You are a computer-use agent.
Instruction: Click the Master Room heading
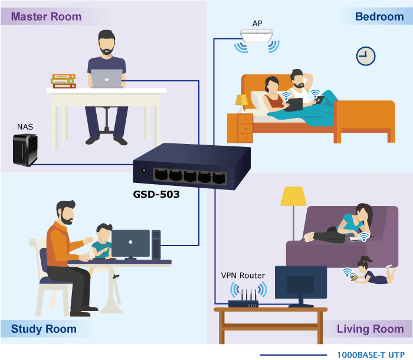pyautogui.click(x=47, y=17)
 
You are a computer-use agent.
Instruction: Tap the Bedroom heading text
pyautogui.click(x=379, y=17)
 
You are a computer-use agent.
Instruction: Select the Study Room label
pyautogui.click(x=44, y=329)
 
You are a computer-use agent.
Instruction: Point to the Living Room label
pyautogui.click(x=370, y=329)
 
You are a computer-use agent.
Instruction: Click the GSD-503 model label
pyautogui.click(x=156, y=194)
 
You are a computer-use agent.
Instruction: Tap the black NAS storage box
pyautogui.click(x=25, y=150)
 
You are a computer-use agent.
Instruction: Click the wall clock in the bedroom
pyautogui.click(x=366, y=56)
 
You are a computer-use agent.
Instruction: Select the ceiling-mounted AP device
pyautogui.click(x=257, y=36)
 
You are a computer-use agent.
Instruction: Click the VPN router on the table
pyautogui.click(x=243, y=299)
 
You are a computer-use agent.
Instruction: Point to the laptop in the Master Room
pyautogui.click(x=106, y=78)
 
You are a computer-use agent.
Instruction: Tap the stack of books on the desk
pyautogui.click(x=64, y=81)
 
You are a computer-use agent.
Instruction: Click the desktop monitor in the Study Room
pyautogui.click(x=130, y=244)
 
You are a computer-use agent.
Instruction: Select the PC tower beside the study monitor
pyautogui.click(x=156, y=244)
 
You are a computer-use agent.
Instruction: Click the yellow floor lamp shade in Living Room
pyautogui.click(x=293, y=196)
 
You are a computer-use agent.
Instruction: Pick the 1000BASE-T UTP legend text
pyautogui.click(x=371, y=355)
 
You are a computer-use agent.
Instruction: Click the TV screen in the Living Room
pyautogui.click(x=301, y=282)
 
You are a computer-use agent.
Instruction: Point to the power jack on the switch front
pyautogui.click(x=143, y=171)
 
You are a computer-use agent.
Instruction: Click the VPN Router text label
pyautogui.click(x=243, y=276)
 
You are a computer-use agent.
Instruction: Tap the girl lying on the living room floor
pyautogui.click(x=374, y=271)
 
